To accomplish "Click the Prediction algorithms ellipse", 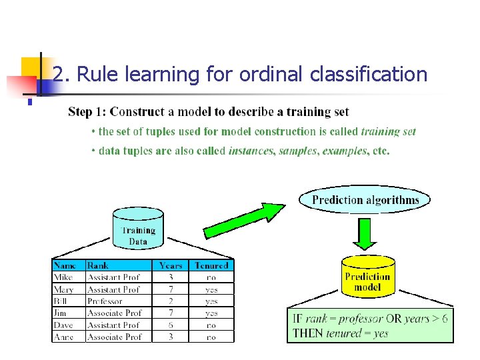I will [x=365, y=199].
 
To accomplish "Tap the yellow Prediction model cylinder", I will [x=367, y=277].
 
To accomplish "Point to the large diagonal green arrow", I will [x=243, y=221].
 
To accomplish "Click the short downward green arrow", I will [x=365, y=234].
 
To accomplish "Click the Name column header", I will [x=65, y=265].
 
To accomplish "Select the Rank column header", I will [x=98, y=265].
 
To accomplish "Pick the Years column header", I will [x=171, y=265].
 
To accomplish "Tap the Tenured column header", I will [x=211, y=265].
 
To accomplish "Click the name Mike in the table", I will [x=63, y=277].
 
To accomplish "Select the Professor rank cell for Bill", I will [x=105, y=301].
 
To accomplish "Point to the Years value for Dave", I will [x=171, y=325].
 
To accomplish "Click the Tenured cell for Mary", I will [x=211, y=289].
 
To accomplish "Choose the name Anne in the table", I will [x=64, y=337].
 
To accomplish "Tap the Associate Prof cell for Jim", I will [x=114, y=313].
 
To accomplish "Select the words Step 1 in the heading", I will [x=86, y=111].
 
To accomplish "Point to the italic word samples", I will [x=298, y=151].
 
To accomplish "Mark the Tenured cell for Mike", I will [x=211, y=277].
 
